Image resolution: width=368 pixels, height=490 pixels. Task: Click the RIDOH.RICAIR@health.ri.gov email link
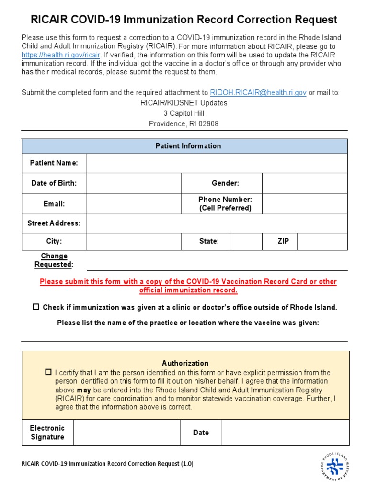click(x=258, y=93)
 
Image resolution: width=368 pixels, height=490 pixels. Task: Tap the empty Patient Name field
click(x=217, y=163)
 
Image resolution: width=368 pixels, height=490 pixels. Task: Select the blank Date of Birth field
click(x=134, y=183)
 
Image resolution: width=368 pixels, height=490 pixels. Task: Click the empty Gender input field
click(x=305, y=183)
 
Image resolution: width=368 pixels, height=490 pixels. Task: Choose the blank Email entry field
click(x=134, y=204)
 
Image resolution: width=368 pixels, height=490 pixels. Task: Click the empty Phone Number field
click(x=305, y=204)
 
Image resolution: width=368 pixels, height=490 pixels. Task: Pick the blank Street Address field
click(x=217, y=223)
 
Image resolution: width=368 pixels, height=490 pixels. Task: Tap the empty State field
click(x=246, y=241)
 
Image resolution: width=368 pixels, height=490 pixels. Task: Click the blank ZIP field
click(x=322, y=241)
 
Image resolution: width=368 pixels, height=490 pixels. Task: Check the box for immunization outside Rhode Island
click(x=36, y=307)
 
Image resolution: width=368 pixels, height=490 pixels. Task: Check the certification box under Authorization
click(x=48, y=372)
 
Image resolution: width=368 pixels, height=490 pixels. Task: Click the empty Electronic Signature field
click(x=126, y=433)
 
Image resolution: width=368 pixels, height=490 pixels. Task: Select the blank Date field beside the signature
click(x=285, y=433)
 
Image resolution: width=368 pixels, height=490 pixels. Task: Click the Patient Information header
click(x=188, y=146)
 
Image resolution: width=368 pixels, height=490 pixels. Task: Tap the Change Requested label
click(x=54, y=260)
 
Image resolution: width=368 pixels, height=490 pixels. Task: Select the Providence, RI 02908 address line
click(x=184, y=123)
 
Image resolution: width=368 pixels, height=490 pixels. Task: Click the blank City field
click(x=134, y=241)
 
